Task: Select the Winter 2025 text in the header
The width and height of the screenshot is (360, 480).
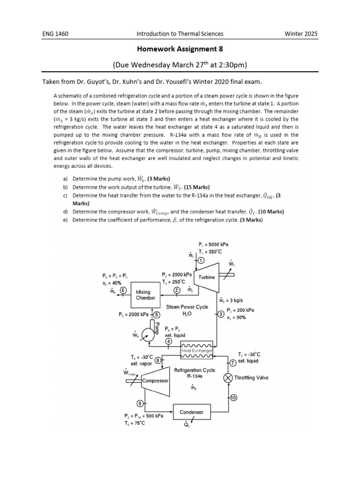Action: pos(301,34)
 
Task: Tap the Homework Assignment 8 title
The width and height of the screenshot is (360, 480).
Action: pos(180,48)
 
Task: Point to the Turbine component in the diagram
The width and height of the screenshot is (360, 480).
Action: pos(206,277)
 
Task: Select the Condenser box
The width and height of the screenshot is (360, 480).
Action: pos(192,412)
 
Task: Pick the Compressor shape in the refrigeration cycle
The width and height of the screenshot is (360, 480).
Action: pos(155,381)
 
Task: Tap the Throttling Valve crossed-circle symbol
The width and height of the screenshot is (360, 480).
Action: pos(228,378)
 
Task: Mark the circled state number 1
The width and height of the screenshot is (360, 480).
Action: pos(201,260)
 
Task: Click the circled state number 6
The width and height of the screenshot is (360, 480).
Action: pos(123,290)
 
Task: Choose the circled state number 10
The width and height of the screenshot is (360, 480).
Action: pos(233,398)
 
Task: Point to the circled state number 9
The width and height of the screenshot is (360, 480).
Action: pos(140,403)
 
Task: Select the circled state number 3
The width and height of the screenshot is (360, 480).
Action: pos(220,314)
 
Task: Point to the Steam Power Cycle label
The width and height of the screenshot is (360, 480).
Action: pos(187,307)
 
